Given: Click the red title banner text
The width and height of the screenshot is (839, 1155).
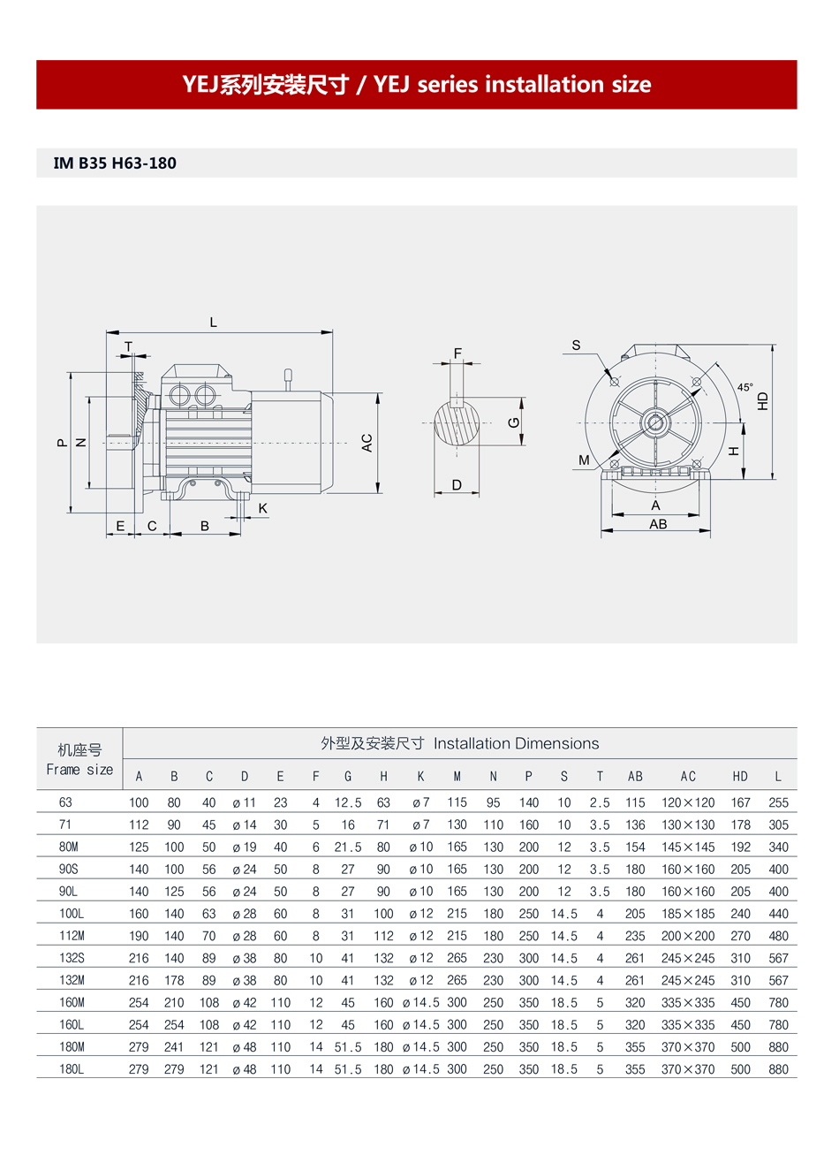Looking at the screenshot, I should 416,85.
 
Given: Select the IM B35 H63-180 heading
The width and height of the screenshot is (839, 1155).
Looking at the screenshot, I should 115,163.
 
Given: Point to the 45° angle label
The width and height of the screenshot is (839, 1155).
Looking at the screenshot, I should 745,388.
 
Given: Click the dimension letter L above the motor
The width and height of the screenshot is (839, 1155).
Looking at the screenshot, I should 214,323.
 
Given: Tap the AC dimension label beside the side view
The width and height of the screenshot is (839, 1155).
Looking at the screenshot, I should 367,443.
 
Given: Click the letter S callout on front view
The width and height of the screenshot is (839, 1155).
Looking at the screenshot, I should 576,346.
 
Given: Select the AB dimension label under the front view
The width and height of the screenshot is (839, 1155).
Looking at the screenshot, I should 658,524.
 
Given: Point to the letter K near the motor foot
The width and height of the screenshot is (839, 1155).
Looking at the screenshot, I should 263,508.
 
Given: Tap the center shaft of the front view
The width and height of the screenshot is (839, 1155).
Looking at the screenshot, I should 655,422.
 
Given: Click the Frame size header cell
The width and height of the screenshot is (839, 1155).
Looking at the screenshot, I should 79,760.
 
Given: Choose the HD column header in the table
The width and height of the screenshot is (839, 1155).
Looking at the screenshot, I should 740,777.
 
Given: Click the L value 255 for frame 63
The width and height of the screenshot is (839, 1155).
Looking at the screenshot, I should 778,803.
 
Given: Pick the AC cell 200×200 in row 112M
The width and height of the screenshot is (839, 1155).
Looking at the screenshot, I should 688,936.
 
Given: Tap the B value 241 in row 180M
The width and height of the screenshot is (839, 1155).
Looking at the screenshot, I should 174,1047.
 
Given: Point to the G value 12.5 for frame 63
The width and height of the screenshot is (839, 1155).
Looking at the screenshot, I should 348,803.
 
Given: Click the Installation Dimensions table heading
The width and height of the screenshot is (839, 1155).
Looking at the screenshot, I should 459,744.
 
